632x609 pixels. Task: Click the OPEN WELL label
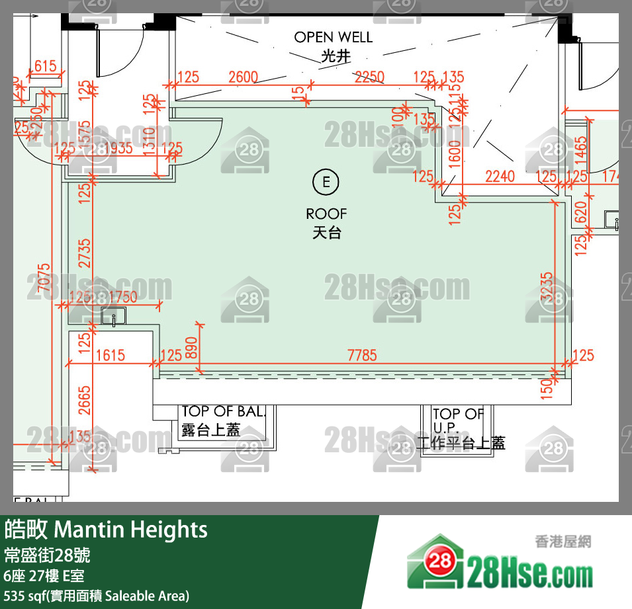click(x=334, y=38)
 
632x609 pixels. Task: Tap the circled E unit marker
click(x=326, y=181)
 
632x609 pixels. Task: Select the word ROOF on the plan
click(x=326, y=214)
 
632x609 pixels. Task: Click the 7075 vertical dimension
click(x=44, y=282)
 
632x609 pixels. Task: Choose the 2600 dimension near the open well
click(x=243, y=77)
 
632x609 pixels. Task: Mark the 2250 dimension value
click(x=369, y=77)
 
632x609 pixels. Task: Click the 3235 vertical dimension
click(x=547, y=286)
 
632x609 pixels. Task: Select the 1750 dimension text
click(x=123, y=297)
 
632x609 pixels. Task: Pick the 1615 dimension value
click(x=110, y=356)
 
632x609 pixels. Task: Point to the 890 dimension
click(x=191, y=346)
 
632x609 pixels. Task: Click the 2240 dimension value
click(x=500, y=177)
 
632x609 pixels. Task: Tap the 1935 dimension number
click(x=117, y=148)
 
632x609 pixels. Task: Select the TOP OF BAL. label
click(x=223, y=412)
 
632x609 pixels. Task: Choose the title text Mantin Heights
click(x=130, y=530)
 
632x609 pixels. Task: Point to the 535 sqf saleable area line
click(x=97, y=595)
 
